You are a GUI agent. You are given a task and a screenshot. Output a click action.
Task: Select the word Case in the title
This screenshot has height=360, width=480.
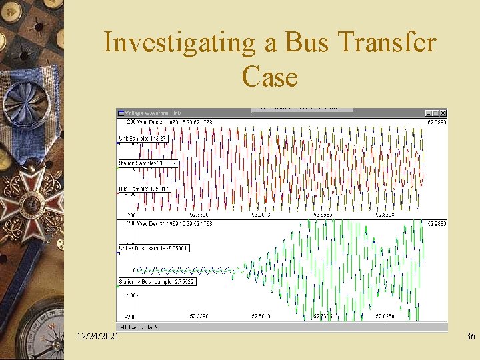point(269,77)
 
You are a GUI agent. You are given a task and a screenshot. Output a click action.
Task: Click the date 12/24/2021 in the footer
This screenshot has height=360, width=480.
point(98,337)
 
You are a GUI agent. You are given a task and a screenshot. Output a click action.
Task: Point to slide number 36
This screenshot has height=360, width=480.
point(470,337)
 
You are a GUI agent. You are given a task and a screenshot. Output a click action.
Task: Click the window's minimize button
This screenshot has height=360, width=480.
point(428,113)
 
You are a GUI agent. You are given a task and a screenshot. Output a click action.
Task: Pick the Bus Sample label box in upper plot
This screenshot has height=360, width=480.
point(144,189)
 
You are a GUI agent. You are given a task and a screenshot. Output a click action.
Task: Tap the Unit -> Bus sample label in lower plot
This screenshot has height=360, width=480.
point(154,247)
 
